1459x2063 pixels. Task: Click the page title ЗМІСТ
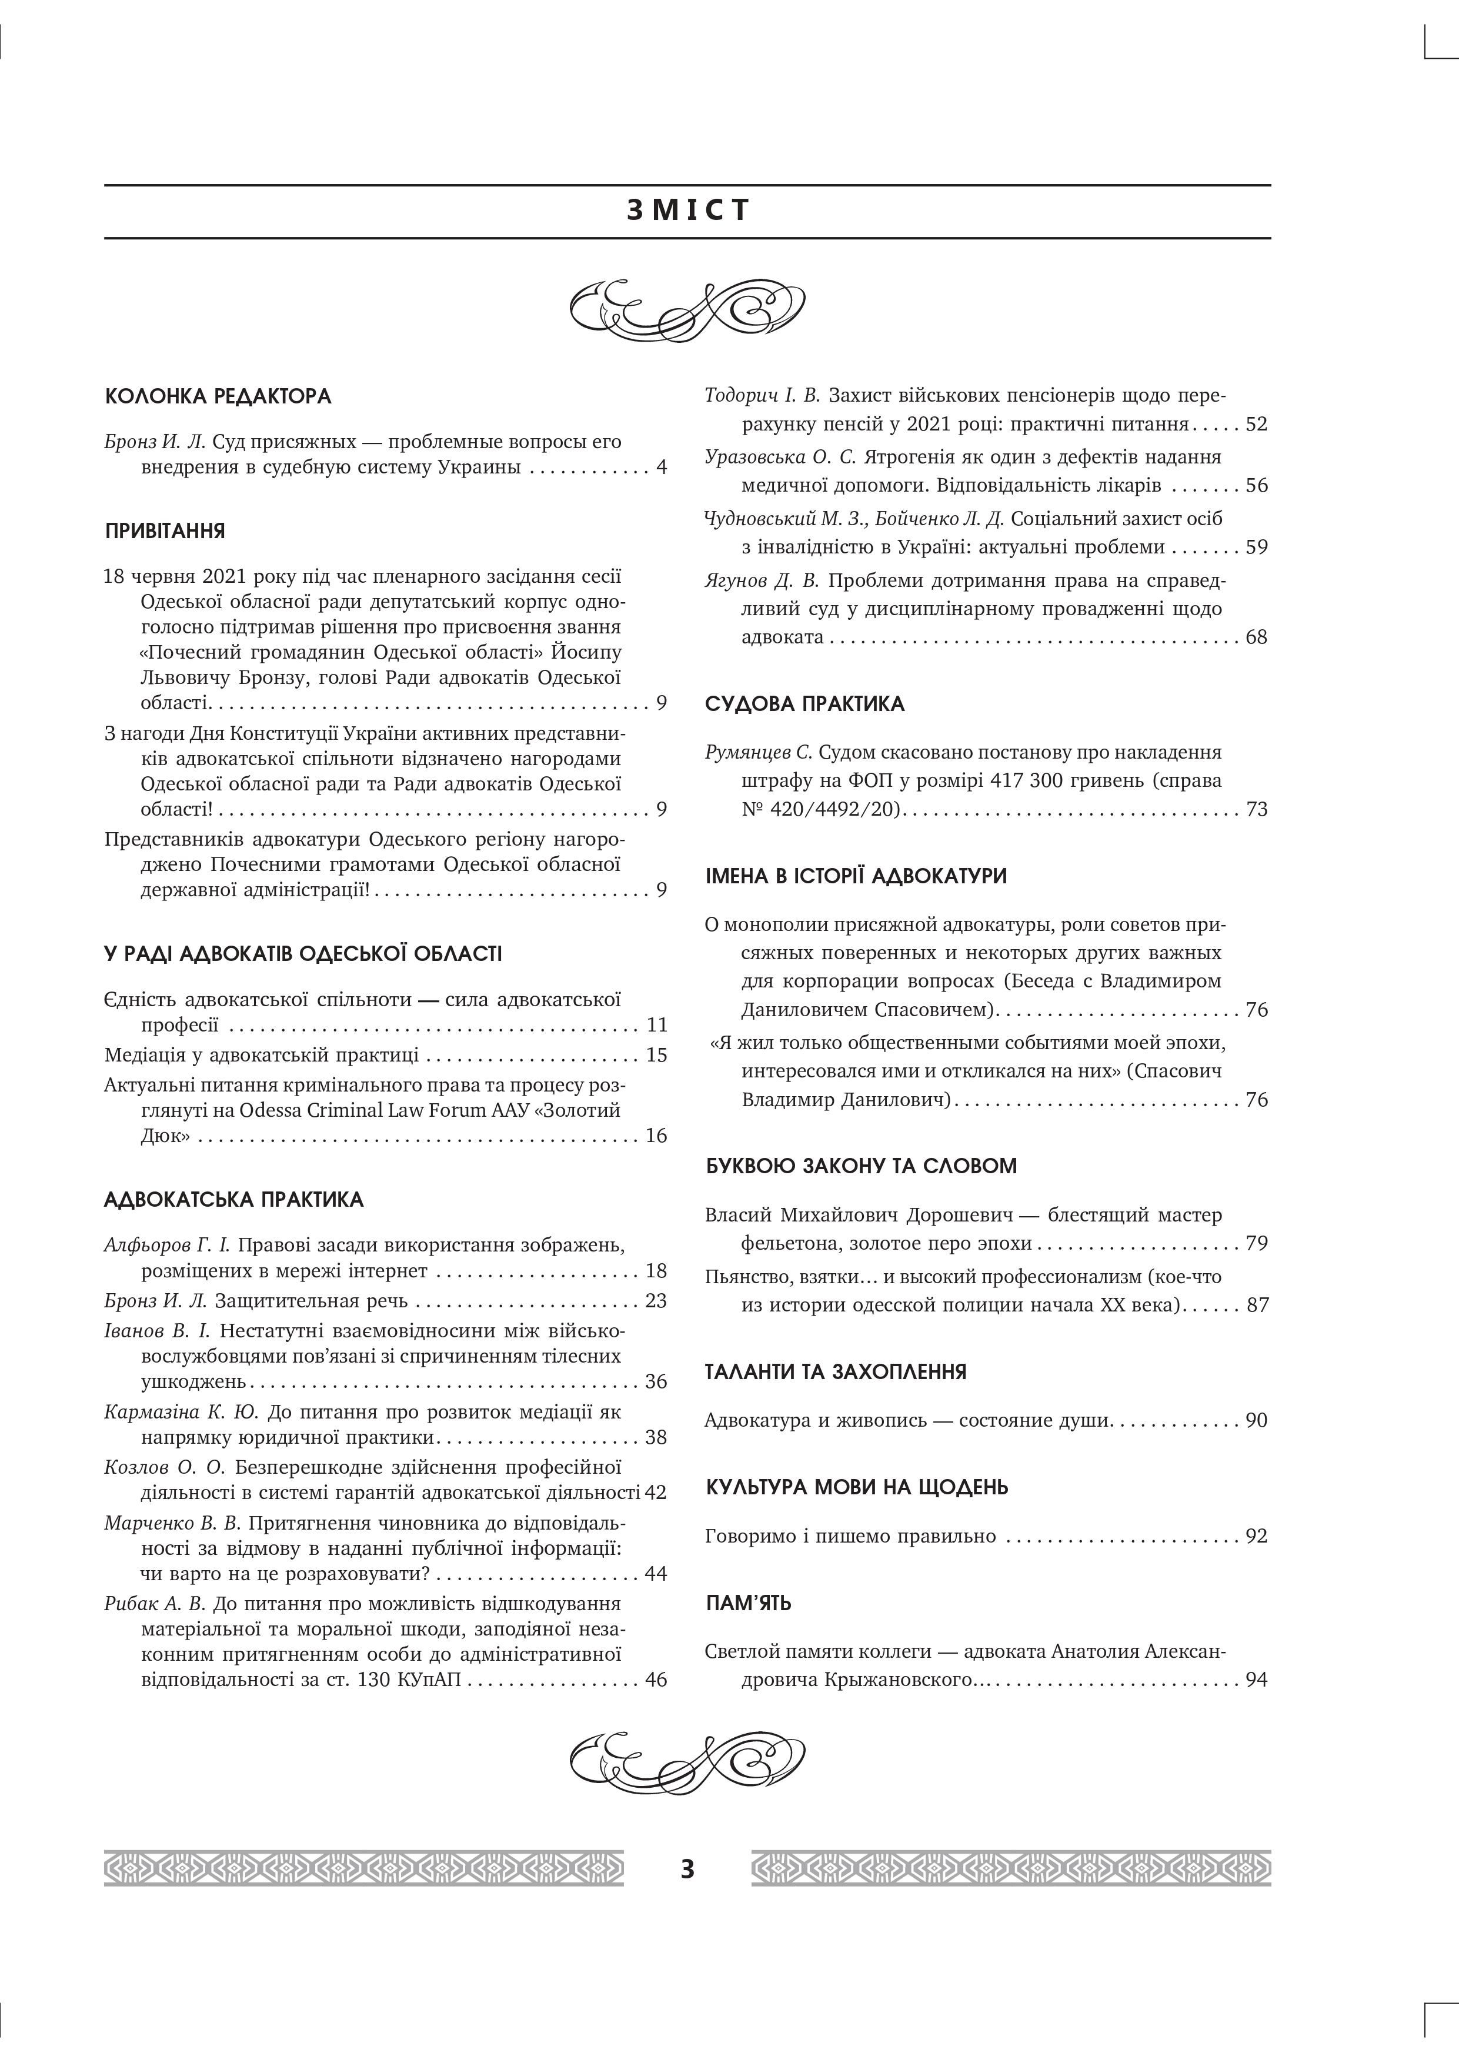click(x=687, y=211)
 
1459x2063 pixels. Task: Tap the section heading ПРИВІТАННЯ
click(x=165, y=531)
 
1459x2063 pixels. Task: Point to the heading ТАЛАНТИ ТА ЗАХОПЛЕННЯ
click(x=836, y=1372)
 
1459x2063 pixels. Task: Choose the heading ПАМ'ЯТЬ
click(x=749, y=1603)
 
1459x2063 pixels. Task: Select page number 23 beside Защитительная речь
click(x=656, y=1301)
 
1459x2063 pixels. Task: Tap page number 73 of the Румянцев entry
click(x=1256, y=810)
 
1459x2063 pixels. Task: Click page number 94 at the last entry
click(x=1256, y=1680)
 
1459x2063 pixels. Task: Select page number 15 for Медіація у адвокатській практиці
click(x=656, y=1055)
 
